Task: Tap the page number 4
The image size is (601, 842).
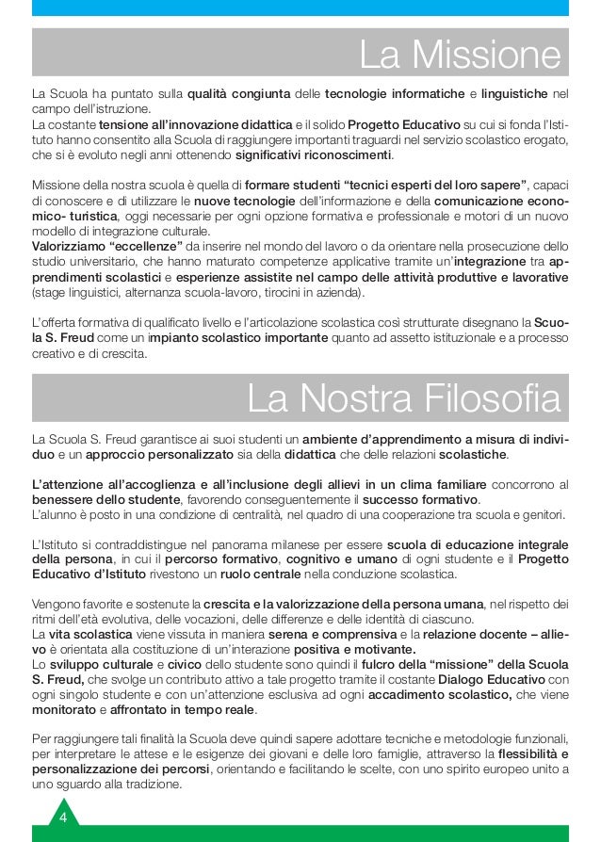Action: point(63,816)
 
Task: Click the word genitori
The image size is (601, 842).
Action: point(538,514)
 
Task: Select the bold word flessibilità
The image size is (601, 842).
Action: point(522,753)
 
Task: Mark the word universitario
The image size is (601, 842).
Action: point(103,263)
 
